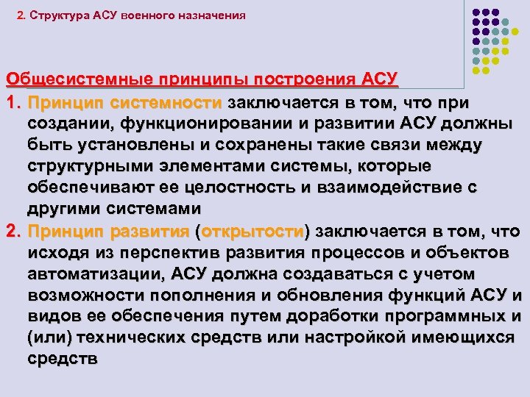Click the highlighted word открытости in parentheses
[252, 232]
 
